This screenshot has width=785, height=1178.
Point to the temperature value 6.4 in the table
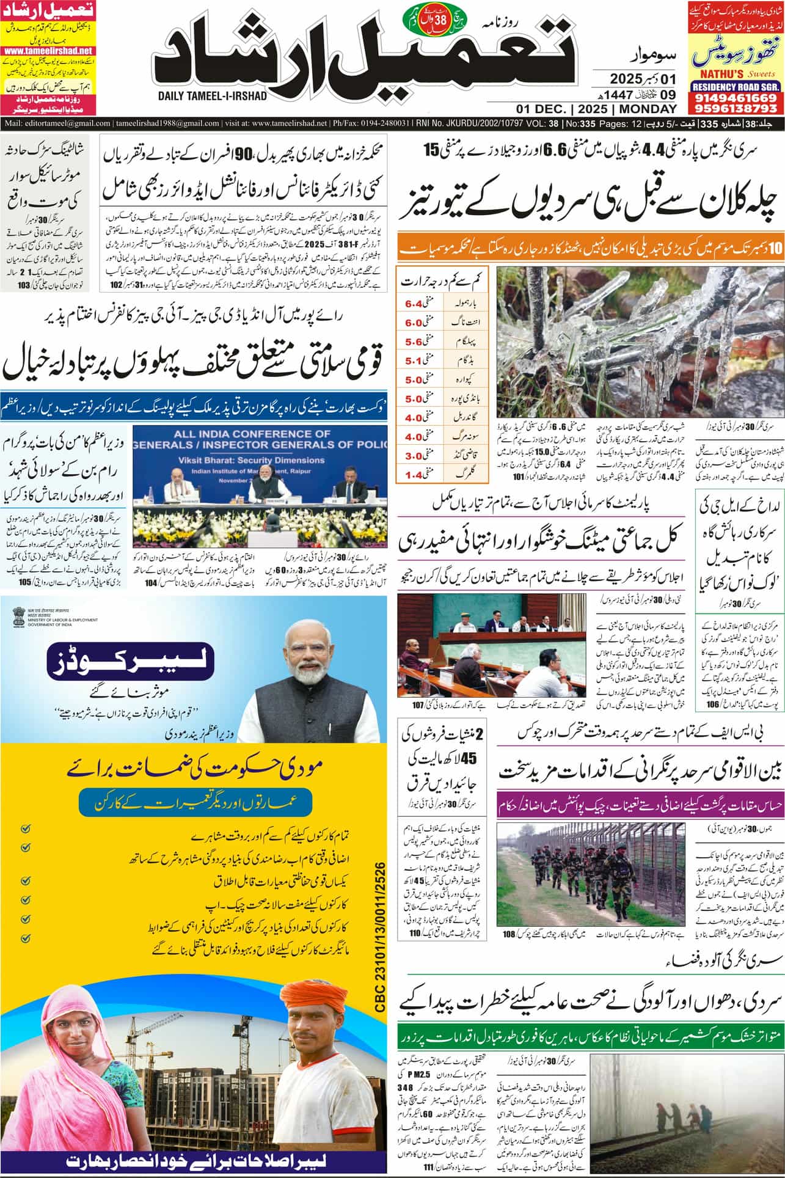click(x=414, y=302)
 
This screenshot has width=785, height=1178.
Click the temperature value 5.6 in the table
click(x=414, y=343)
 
